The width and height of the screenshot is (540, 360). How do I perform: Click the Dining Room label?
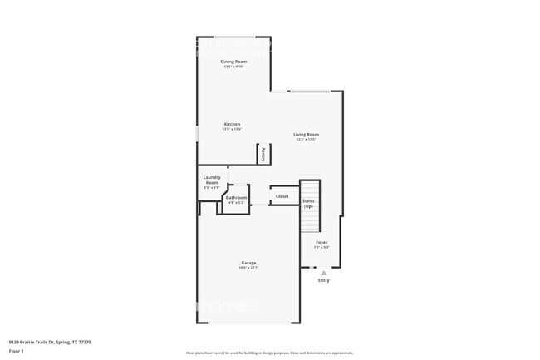234,62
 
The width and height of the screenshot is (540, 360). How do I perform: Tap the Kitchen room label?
232,124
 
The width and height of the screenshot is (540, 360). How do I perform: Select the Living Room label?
306,135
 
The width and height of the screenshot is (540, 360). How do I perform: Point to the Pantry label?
263,153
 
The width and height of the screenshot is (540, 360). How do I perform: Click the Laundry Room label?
212,179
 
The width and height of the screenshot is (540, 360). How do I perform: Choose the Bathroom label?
236,197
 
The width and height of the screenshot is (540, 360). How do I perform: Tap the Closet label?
282,196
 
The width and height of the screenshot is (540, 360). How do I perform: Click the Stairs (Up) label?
308,203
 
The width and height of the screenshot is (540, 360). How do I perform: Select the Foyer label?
322,242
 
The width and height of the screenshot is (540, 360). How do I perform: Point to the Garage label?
248,263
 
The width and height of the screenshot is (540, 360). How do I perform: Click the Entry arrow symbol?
324,272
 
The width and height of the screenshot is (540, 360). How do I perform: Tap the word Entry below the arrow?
324,280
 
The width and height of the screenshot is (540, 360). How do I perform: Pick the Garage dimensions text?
248,268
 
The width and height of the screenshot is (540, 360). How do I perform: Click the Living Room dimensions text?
306,140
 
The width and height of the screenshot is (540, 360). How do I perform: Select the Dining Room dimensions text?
234,67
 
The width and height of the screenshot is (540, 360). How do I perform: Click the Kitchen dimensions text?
232,129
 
